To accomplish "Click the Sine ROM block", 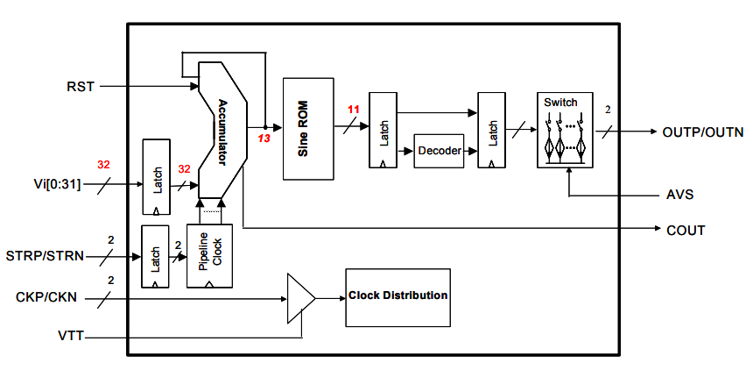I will [308, 129].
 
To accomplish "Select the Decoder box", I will [439, 151].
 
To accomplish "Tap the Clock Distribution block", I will [398, 295].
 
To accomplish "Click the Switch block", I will [564, 130].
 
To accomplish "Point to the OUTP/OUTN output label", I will [702, 132].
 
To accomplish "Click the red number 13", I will [264, 138].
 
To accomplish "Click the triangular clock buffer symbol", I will [300, 297].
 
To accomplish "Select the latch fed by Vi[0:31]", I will [156, 176].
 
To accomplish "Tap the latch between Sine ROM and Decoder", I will [382, 130].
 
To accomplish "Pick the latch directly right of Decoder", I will [490, 130].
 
